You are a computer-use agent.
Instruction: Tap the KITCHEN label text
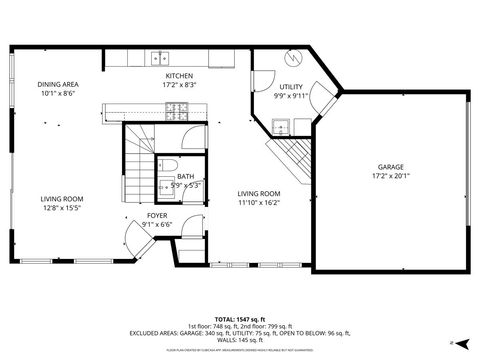click(x=180, y=76)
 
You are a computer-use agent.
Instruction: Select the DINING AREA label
click(x=58, y=84)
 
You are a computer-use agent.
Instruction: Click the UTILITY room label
click(x=291, y=88)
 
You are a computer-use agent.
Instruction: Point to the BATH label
click(x=172, y=177)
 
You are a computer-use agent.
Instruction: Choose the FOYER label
click(x=157, y=215)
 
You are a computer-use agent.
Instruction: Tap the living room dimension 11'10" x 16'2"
click(x=258, y=202)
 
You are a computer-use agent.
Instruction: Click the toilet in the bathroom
click(x=169, y=164)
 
